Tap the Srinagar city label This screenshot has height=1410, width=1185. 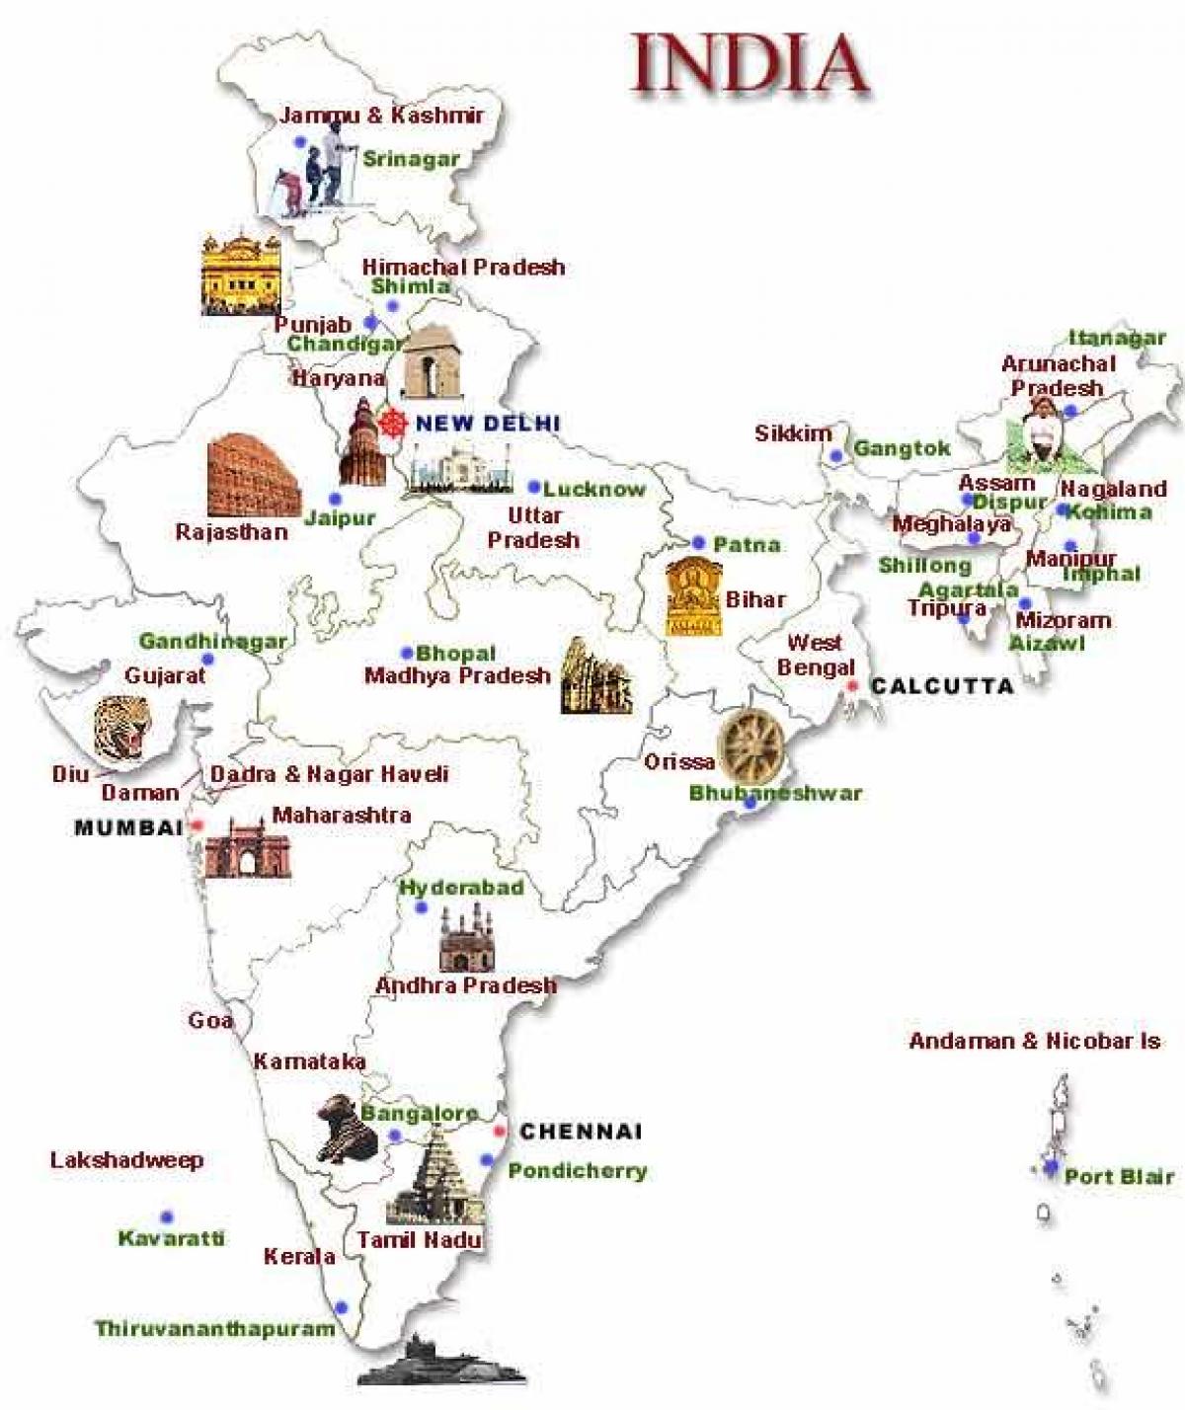click(x=411, y=158)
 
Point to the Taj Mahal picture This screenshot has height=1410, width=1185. click(x=460, y=468)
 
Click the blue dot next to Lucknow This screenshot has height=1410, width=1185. click(x=534, y=487)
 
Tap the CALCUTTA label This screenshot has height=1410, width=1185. click(x=942, y=685)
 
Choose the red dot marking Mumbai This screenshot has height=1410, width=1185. click(x=197, y=824)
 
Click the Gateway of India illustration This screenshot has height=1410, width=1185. click(x=248, y=847)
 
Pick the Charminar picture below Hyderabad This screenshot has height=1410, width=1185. click(x=466, y=940)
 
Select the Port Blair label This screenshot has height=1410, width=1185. click(x=1119, y=1176)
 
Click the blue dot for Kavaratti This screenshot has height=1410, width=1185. click(x=167, y=1216)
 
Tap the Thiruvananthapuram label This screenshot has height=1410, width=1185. click(x=215, y=1328)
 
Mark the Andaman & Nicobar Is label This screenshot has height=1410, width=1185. click(x=1034, y=1040)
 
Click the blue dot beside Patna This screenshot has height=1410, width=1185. click(x=698, y=543)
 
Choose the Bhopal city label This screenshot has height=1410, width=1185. click(x=455, y=653)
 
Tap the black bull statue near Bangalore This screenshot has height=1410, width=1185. click(x=347, y=1128)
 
